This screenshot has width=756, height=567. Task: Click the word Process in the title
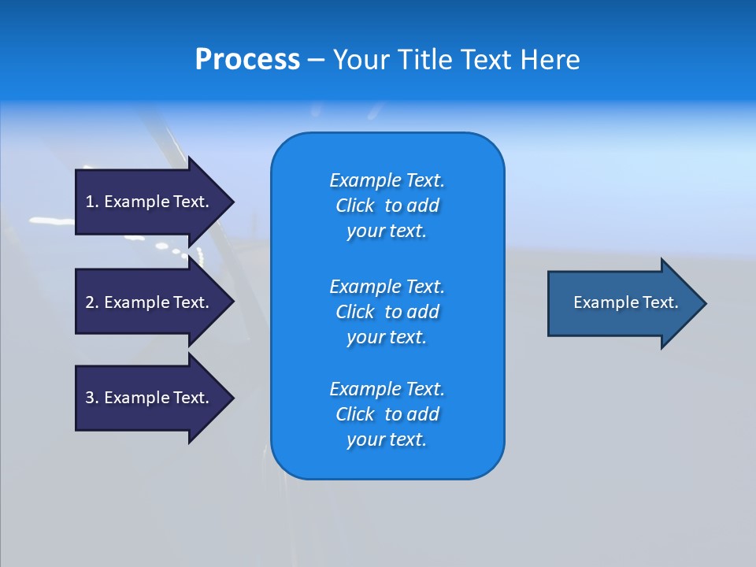pos(247,60)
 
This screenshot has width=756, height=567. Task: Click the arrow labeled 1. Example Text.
pos(150,202)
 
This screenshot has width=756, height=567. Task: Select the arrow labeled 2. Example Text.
pos(150,302)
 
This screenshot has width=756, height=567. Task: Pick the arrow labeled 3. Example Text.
pos(150,398)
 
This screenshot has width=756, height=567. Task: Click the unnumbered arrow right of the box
pos(622,302)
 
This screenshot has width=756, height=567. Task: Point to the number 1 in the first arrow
pos(90,202)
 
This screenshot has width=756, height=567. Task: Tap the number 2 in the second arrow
pos(90,302)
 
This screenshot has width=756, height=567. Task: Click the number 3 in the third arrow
pos(90,398)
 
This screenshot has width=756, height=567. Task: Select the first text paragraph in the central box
pos(387,206)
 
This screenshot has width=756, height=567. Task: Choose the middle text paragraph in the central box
pos(387,311)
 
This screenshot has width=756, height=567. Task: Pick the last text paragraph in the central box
pos(387,414)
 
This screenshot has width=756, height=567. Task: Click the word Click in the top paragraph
pos(355,206)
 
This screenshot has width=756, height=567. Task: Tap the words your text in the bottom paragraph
pos(387,439)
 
